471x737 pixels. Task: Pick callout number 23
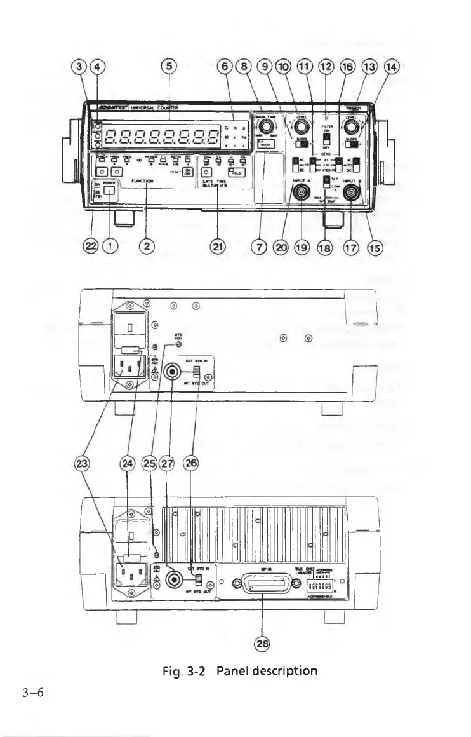(x=82, y=464)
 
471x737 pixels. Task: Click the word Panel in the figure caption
(x=234, y=670)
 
